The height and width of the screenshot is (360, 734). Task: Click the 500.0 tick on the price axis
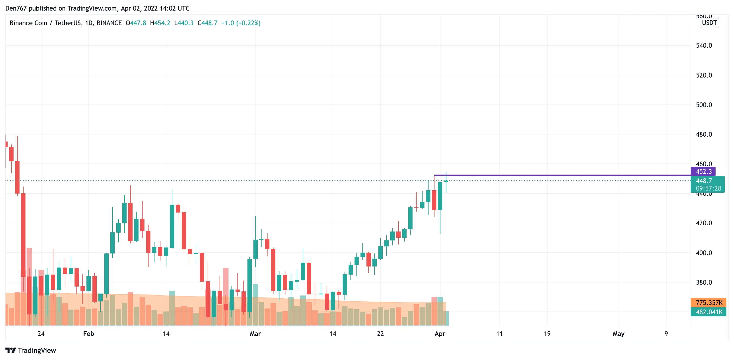pyautogui.click(x=704, y=105)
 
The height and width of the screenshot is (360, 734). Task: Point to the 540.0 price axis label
pyautogui.click(x=704, y=46)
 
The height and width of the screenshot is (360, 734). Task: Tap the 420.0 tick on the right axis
pyautogui.click(x=704, y=223)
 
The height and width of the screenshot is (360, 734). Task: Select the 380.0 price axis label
pyautogui.click(x=704, y=282)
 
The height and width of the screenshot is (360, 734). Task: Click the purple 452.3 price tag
pyautogui.click(x=703, y=172)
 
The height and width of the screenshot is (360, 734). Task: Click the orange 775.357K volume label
pyautogui.click(x=709, y=303)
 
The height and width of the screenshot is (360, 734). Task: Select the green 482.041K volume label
pyautogui.click(x=709, y=312)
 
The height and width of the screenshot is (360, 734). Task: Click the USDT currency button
pyautogui.click(x=709, y=23)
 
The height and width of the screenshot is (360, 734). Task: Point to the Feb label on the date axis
pyautogui.click(x=88, y=334)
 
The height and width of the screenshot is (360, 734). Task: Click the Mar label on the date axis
pyautogui.click(x=255, y=334)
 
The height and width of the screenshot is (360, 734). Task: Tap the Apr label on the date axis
pyautogui.click(x=440, y=334)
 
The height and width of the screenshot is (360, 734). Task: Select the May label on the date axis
pyautogui.click(x=618, y=334)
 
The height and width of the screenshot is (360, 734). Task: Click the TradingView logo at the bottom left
pyautogui.click(x=31, y=350)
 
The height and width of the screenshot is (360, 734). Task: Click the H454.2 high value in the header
pyautogui.click(x=160, y=23)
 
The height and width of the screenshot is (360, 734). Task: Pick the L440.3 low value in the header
pyautogui.click(x=184, y=23)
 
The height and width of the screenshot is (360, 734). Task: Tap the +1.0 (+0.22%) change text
pyautogui.click(x=241, y=23)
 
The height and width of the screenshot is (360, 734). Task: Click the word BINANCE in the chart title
pyautogui.click(x=109, y=23)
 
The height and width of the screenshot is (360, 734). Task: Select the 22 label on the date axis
pyautogui.click(x=380, y=334)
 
